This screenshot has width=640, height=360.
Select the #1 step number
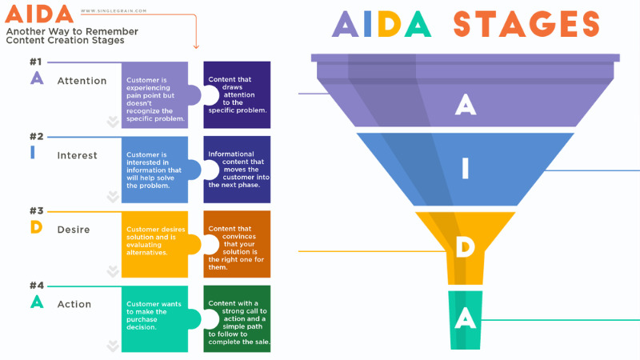pos(35,62)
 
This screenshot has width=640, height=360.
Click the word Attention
pos(82,81)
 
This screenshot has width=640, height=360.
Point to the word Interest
pos(77,155)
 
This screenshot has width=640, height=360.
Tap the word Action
pos(74,304)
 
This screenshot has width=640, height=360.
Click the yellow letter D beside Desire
pos(35,227)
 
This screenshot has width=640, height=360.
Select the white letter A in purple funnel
pos(465,103)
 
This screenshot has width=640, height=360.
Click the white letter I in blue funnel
pos(465,169)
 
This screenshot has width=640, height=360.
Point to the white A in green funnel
pos(465,319)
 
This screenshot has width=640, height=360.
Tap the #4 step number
pos(36,286)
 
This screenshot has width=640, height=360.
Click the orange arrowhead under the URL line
pos(195,46)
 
